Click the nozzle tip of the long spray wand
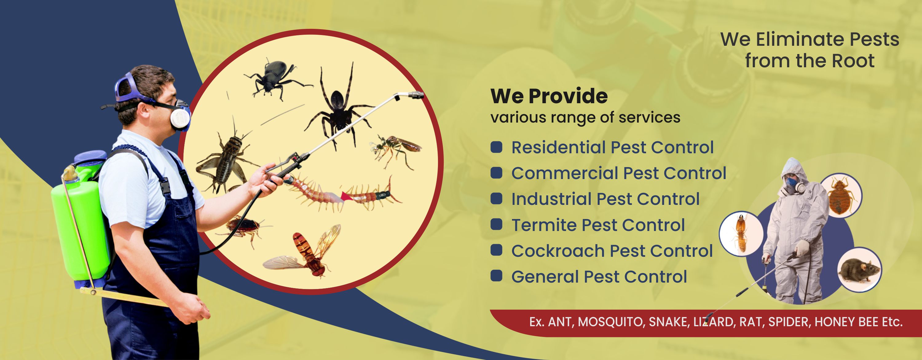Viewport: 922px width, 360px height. [415, 95]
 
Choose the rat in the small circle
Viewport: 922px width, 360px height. [859, 270]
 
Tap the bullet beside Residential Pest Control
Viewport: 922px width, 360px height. [496, 147]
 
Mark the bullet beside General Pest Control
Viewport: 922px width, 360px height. [496, 276]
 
